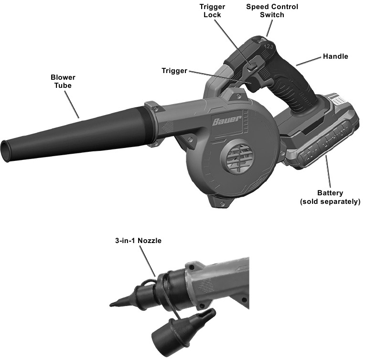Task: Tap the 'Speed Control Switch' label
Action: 272,11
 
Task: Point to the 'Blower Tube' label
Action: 63,81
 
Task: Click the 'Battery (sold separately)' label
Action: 330,197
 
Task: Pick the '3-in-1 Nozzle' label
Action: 138,241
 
